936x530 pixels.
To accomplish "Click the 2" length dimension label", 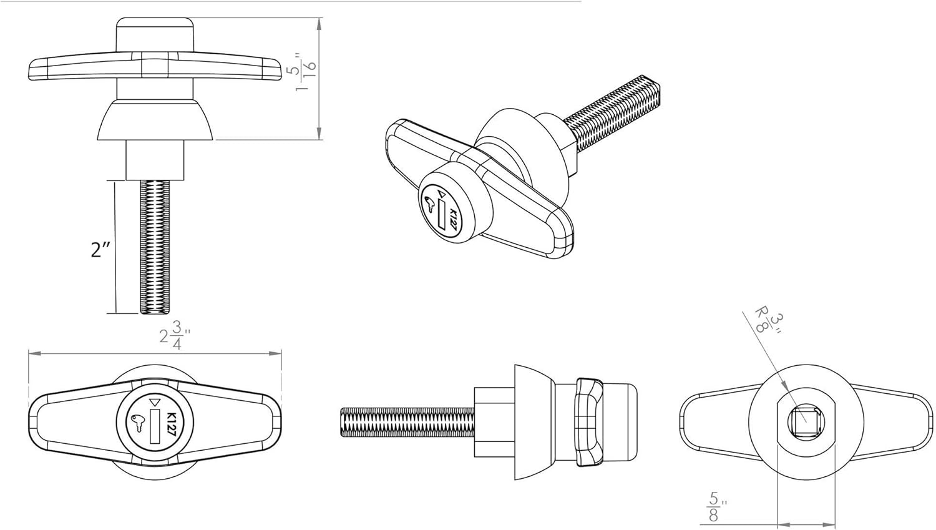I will tap(100, 250).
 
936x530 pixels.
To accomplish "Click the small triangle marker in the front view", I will tap(155, 403).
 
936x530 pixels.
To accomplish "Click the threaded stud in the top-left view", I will tap(154, 247).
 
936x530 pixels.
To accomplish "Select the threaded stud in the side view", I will tap(407, 422).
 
